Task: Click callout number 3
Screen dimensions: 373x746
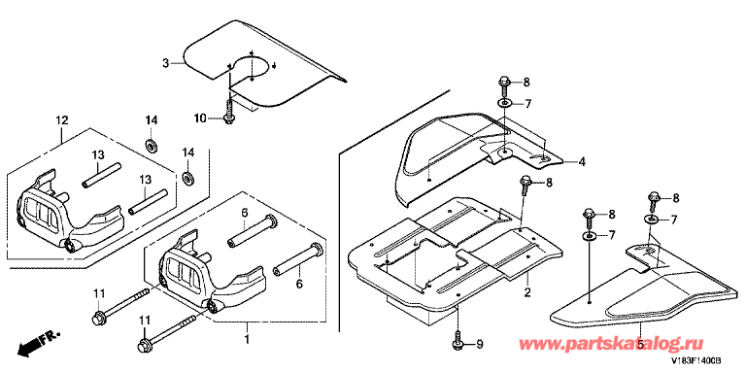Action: (x=166, y=62)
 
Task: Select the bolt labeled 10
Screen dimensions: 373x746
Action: (x=229, y=113)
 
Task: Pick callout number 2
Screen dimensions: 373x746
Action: (x=526, y=290)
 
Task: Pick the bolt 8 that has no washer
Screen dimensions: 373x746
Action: (x=526, y=182)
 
